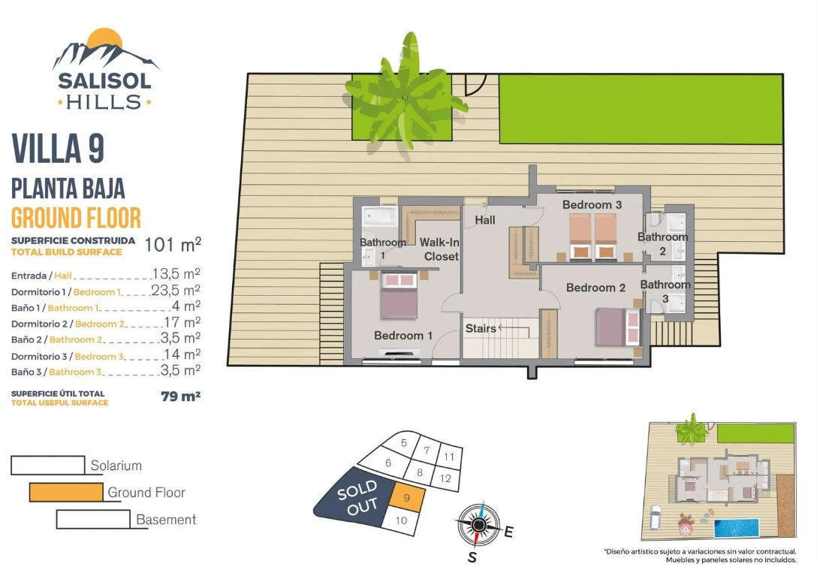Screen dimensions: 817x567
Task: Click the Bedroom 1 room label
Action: click(x=403, y=336)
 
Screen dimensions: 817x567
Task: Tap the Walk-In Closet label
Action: click(x=439, y=249)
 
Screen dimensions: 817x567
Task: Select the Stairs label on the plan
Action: click(x=481, y=328)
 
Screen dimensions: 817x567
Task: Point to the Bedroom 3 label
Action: click(x=592, y=205)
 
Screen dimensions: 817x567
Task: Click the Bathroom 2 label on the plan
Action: click(x=663, y=244)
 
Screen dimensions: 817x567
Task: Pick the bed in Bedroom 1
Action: click(x=399, y=295)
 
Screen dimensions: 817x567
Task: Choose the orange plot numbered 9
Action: click(x=407, y=497)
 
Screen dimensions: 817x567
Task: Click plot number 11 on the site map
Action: click(x=449, y=457)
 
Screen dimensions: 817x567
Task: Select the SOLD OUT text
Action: click(x=357, y=497)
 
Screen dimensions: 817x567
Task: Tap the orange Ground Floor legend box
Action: click(x=66, y=492)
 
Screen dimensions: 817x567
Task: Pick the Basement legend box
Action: click(x=93, y=519)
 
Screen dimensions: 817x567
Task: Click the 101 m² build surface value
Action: click(x=173, y=244)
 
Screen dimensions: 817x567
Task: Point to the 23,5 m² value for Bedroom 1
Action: click(x=176, y=290)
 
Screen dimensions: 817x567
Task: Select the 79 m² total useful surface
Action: click(x=181, y=396)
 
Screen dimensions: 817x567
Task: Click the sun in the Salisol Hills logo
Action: click(x=104, y=38)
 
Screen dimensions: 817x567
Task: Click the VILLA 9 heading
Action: click(x=58, y=149)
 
